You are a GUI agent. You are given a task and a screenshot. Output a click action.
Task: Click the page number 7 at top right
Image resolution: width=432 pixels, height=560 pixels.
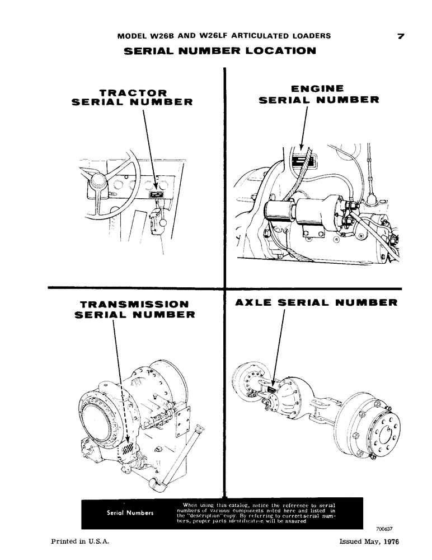tap(400, 36)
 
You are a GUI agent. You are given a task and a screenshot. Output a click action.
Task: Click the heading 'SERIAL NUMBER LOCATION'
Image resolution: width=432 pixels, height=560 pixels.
tap(219, 51)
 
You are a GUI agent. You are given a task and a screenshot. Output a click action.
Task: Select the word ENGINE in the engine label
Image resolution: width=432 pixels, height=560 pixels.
tap(318, 88)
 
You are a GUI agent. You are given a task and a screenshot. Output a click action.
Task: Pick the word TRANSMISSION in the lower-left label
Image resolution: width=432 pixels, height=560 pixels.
tap(134, 304)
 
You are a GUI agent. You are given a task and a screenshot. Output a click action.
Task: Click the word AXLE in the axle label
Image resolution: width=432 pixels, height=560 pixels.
tap(255, 303)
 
